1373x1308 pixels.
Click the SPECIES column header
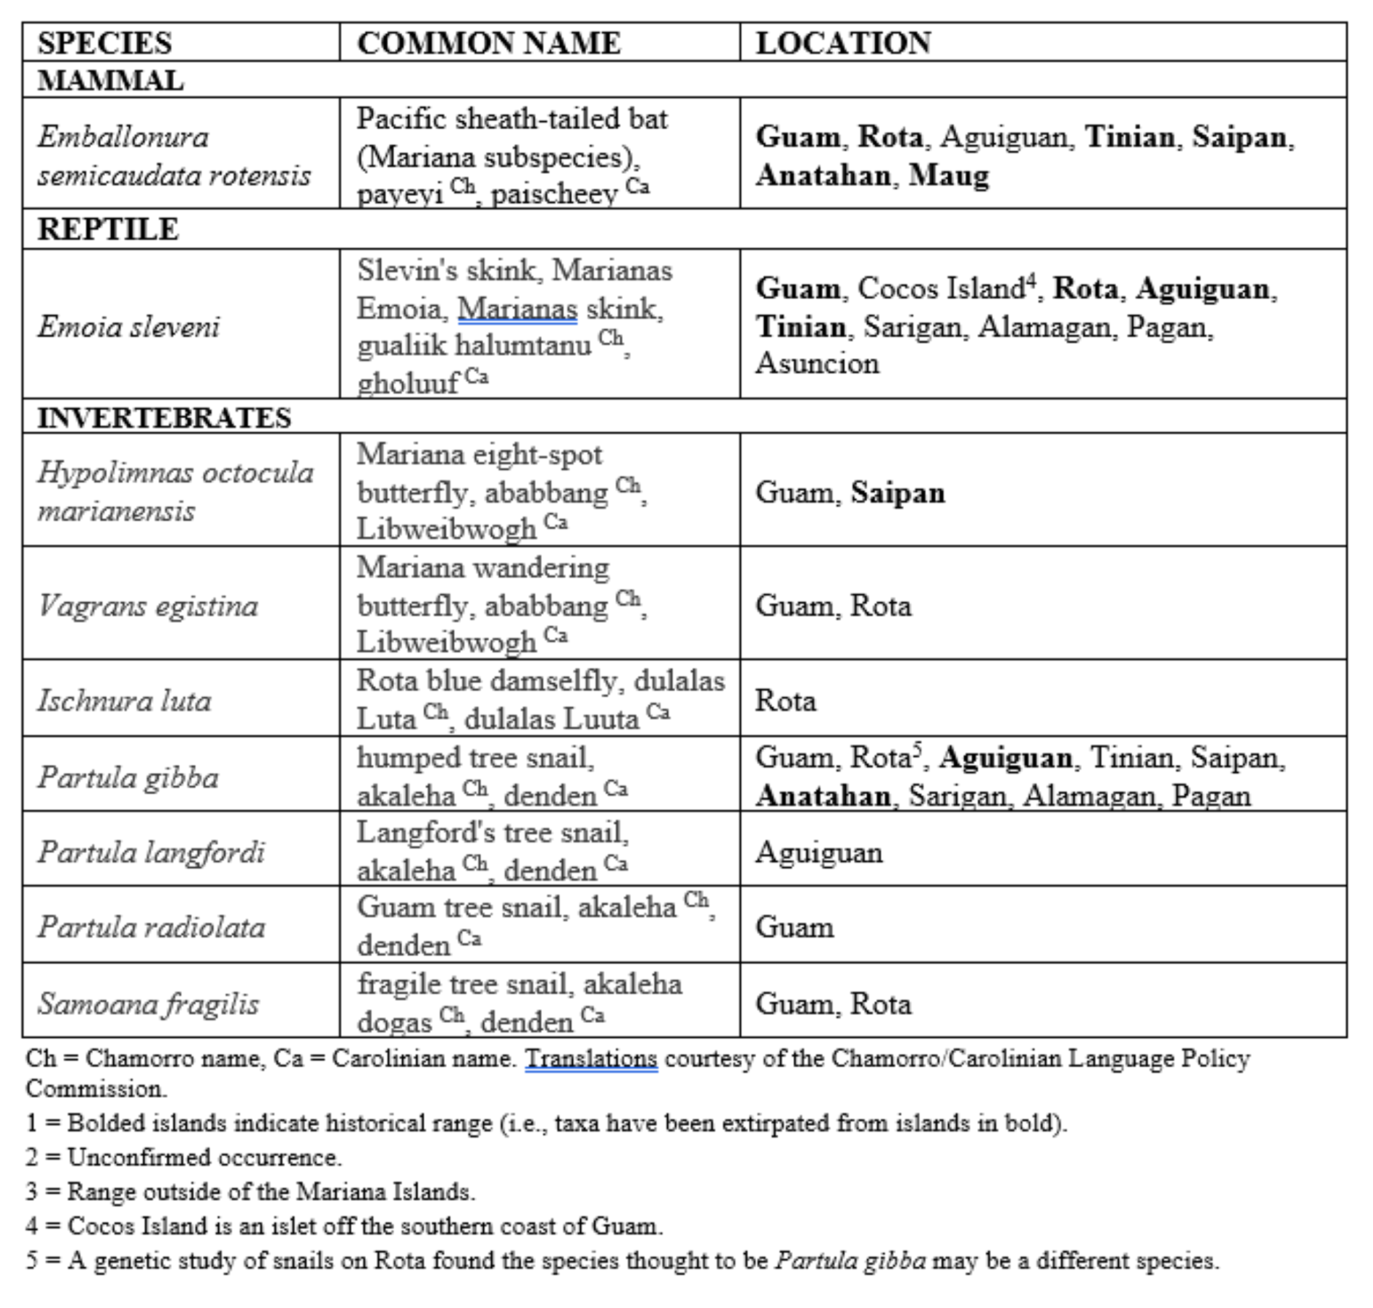pyautogui.click(x=105, y=43)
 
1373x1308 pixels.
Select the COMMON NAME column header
pyautogui.click(x=488, y=43)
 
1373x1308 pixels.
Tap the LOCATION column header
pyautogui.click(x=843, y=43)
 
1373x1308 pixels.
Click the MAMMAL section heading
pyautogui.click(x=110, y=81)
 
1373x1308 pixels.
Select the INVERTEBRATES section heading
pyautogui.click(x=164, y=418)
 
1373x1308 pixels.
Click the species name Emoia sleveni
pyautogui.click(x=129, y=326)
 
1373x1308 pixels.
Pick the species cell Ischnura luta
pyautogui.click(x=124, y=700)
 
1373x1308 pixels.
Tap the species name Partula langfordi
pyautogui.click(x=151, y=851)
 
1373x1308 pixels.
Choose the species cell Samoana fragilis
pyautogui.click(x=149, y=1003)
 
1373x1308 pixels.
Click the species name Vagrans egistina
pyautogui.click(x=148, y=605)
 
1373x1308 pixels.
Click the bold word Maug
pyautogui.click(x=949, y=175)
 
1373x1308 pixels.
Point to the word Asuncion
pyautogui.click(x=817, y=363)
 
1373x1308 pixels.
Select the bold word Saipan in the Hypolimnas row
pyautogui.click(x=898, y=492)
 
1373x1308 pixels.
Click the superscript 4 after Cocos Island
pyautogui.click(x=1031, y=279)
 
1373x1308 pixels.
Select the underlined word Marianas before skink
pyautogui.click(x=518, y=308)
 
